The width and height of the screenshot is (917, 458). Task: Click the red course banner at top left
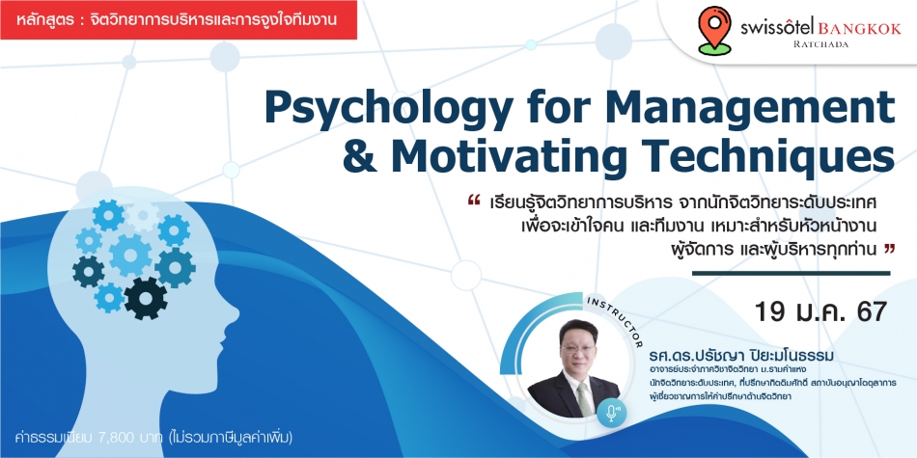pos(179,20)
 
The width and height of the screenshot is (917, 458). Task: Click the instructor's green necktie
pos(584,398)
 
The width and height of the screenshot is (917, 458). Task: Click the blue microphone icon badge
pos(612,414)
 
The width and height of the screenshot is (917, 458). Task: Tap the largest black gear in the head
pos(146,298)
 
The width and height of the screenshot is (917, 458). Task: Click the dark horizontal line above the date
pos(792,273)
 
